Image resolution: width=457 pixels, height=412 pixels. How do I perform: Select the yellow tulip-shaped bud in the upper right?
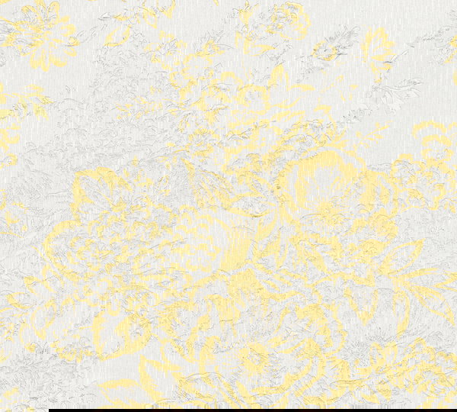(378, 46)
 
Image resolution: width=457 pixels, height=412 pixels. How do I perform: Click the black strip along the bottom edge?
(251, 410)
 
